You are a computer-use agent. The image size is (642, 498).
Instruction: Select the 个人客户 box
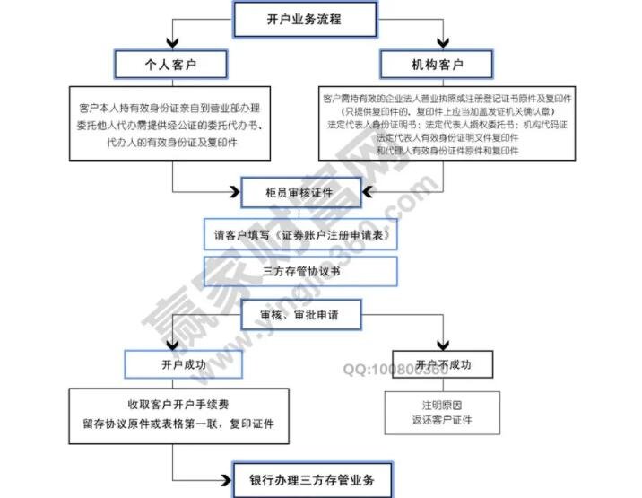point(170,65)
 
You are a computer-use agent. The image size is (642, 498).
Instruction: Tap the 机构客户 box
point(436,65)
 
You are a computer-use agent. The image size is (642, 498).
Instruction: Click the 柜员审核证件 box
point(300,190)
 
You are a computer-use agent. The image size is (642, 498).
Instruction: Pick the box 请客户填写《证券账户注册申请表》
point(300,235)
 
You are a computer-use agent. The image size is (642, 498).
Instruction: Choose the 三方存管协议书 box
point(300,270)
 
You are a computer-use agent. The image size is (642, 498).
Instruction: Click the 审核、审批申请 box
point(300,317)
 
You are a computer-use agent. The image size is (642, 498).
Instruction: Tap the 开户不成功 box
point(443,365)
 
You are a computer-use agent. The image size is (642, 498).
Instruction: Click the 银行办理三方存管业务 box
point(312,480)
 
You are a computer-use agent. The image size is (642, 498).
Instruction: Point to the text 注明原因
point(443,406)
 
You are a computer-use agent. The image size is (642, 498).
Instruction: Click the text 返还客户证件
point(443,420)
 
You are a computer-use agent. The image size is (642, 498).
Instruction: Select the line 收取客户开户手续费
point(178,406)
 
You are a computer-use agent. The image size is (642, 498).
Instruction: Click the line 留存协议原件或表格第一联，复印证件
point(178,424)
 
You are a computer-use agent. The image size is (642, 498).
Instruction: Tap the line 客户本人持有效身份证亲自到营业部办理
point(170,108)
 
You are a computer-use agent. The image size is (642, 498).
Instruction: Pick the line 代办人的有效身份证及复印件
point(170,143)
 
